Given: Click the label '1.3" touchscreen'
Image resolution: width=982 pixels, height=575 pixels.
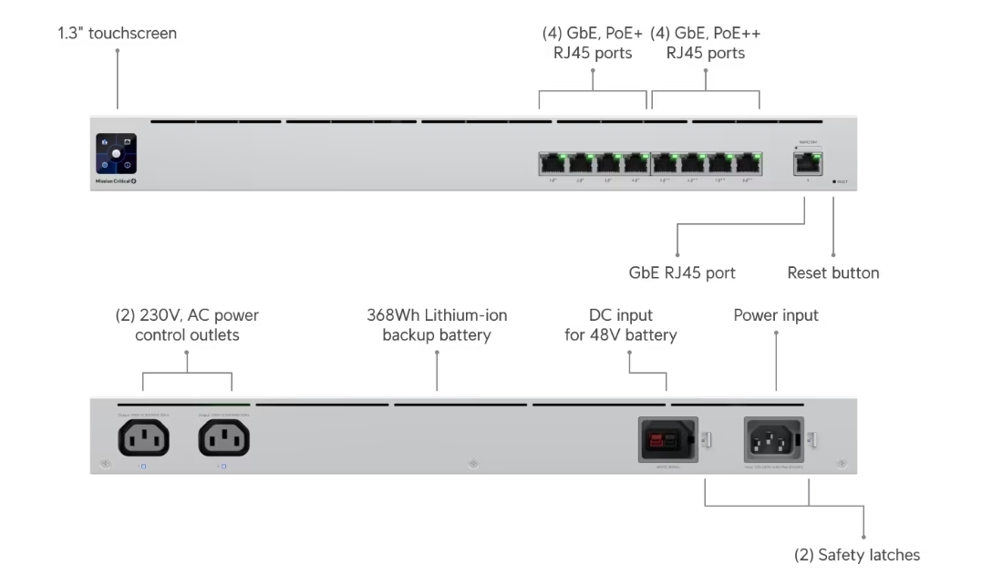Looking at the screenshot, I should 118,34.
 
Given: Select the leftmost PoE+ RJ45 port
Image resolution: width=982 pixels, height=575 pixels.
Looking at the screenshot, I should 552,164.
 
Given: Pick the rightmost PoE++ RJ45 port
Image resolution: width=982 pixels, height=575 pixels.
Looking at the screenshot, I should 749,164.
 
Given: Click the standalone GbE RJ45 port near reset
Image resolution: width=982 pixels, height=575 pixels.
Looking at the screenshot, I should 807,163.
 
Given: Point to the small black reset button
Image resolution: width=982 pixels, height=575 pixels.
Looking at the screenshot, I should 833,181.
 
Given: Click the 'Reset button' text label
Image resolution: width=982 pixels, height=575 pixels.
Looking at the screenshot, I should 833,272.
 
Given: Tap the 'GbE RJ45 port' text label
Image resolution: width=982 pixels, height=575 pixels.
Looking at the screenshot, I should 682,272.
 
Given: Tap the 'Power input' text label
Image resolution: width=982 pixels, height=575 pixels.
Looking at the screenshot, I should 776,315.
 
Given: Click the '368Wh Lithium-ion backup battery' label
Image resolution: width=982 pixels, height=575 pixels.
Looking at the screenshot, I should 437,325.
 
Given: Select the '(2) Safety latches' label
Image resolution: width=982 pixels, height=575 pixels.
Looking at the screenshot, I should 856,555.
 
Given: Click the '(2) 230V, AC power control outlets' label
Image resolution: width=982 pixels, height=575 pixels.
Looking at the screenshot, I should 187,325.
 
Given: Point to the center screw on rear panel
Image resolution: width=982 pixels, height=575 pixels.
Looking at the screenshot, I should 472,464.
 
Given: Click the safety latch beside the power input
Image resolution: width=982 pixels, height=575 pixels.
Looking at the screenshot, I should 811,440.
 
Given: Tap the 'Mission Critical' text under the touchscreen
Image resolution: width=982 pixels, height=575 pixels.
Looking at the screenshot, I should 114,181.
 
